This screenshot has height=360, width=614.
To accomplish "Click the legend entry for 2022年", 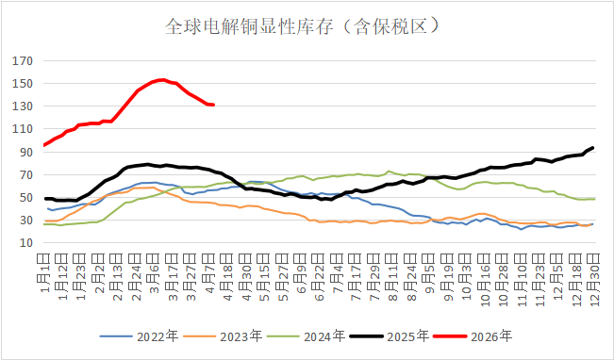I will [141, 335].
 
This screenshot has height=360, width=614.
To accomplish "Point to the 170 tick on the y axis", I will [23, 61].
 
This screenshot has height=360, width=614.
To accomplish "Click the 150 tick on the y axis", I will [23, 84].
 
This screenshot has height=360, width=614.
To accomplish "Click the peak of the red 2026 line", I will [162, 79].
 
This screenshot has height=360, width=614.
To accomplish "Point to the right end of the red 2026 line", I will [214, 105].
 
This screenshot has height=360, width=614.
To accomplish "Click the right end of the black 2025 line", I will [592, 147].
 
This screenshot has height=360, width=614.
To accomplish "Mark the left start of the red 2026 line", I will [44, 145].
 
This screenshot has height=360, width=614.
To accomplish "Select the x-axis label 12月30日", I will [592, 273].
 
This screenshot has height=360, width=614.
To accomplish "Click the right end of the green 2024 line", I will [593, 199].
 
